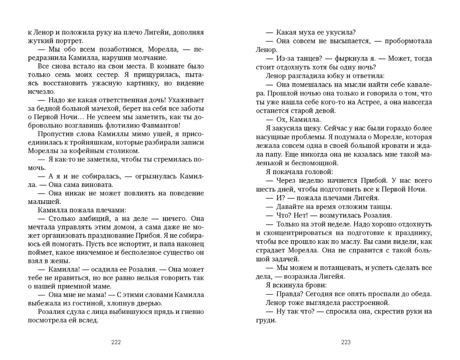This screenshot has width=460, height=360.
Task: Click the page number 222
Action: click(x=116, y=342)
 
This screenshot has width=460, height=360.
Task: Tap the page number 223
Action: click(x=346, y=342)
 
